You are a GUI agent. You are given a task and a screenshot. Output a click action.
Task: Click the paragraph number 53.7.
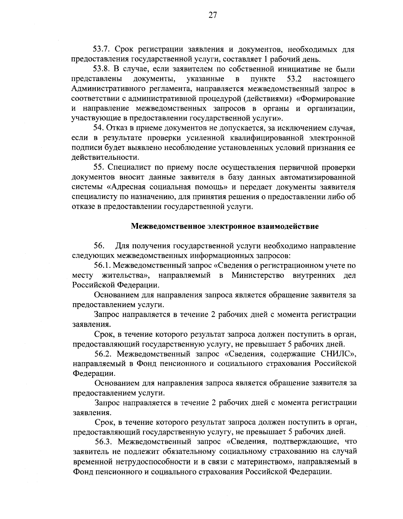[x=101, y=50]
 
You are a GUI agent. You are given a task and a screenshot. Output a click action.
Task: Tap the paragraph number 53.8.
[x=101, y=69]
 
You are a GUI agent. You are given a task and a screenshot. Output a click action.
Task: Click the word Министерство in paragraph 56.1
[x=258, y=275]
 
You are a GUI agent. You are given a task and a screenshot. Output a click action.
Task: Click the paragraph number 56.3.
[x=103, y=441]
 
